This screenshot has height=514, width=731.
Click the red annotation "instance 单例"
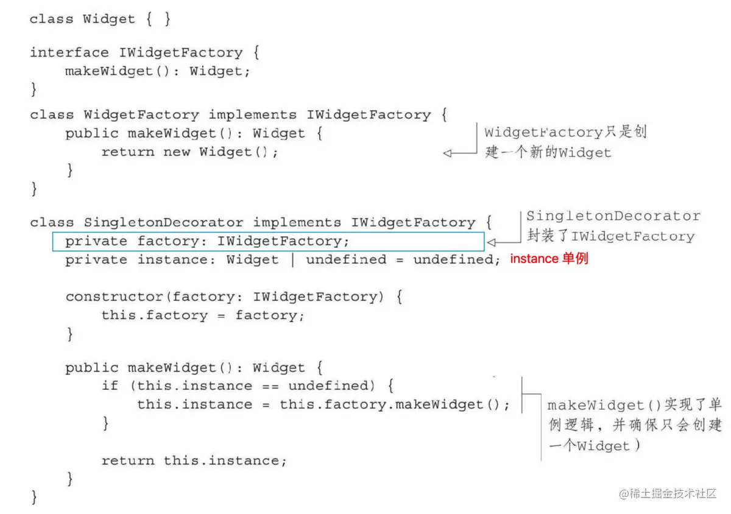tap(549, 259)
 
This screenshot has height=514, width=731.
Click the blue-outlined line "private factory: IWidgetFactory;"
tap(208, 241)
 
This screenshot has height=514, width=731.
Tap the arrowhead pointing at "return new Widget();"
tap(447, 153)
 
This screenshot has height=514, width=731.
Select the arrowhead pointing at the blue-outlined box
tap(492, 242)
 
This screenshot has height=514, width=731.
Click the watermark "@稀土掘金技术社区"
tap(668, 494)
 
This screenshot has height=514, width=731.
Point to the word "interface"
tap(69, 52)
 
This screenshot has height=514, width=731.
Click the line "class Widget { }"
tap(100, 19)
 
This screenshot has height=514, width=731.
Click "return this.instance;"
tap(194, 460)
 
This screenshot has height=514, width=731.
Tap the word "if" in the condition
tap(110, 385)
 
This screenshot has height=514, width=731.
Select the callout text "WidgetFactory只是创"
tap(565, 132)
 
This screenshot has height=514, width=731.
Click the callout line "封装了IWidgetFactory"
tap(610, 237)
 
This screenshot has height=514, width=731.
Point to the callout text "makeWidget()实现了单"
tap(634, 405)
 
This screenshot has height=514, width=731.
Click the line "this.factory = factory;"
tap(203, 315)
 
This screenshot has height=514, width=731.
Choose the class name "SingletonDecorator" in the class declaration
tap(163, 222)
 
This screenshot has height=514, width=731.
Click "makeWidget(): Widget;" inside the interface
tap(158, 71)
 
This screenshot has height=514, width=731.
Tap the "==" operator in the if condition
tap(270, 385)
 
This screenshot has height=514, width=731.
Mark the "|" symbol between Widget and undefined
tap(292, 259)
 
